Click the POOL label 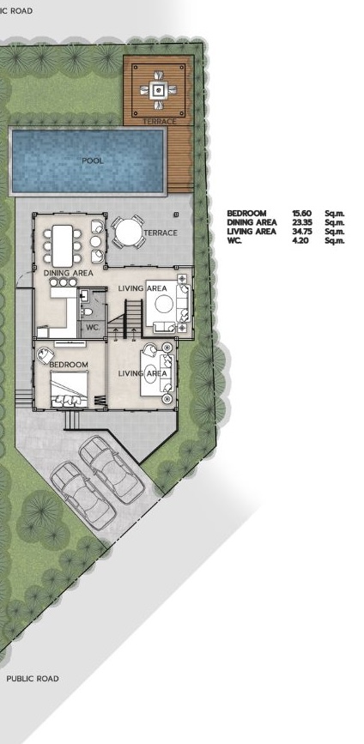click(x=93, y=160)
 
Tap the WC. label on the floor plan click(x=92, y=327)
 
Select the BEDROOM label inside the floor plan click(x=69, y=365)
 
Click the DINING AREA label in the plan click(x=69, y=273)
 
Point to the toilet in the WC click(x=87, y=312)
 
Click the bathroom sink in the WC click(x=83, y=296)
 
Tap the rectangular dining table click(x=62, y=245)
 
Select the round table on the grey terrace click(x=128, y=232)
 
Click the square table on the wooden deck click(x=158, y=88)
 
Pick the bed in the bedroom click(x=70, y=389)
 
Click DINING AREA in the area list click(x=252, y=222)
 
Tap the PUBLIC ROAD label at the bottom click(x=33, y=679)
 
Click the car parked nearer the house click(x=111, y=469)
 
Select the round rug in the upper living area click(x=164, y=304)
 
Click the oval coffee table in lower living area click(x=151, y=373)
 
